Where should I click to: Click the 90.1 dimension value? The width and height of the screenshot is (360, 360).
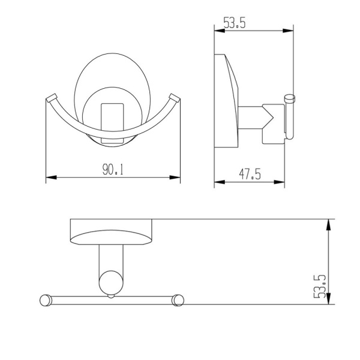pos(113,170)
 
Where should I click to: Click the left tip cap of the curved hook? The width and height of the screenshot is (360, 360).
pos(51,97)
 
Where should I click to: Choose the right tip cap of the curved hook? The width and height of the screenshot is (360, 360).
pos(175,97)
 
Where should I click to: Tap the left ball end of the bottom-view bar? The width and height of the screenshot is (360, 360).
pos(44,299)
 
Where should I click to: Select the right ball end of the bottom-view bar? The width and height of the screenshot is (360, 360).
pos(178,299)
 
